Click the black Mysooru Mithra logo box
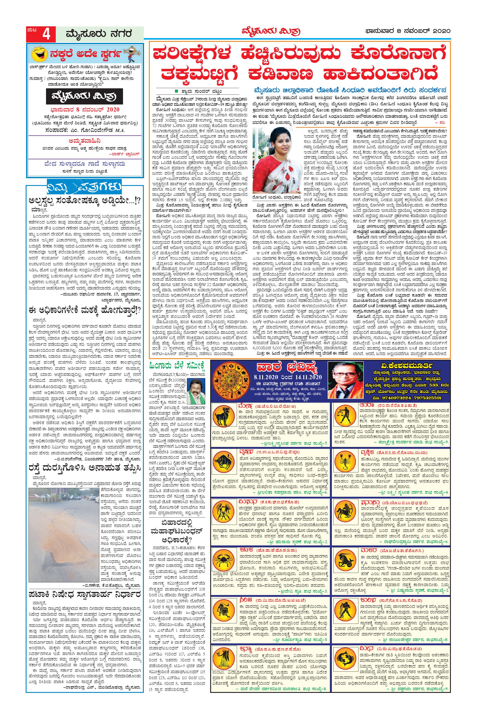click(85, 97)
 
